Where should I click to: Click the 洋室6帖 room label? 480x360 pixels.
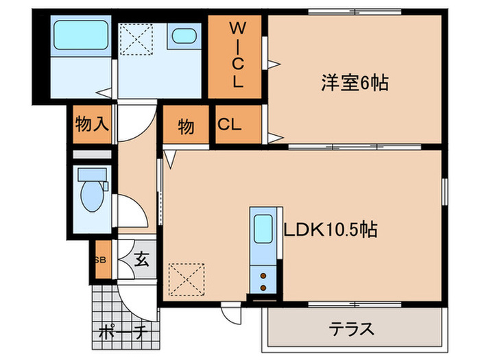[355, 84]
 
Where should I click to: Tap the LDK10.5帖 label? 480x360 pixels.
[330, 228]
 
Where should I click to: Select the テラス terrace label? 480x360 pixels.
[352, 330]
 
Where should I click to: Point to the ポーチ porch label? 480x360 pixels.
[123, 333]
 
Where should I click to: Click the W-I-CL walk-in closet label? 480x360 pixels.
[237, 56]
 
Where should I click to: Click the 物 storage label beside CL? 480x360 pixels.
[186, 126]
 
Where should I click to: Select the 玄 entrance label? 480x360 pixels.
[142, 260]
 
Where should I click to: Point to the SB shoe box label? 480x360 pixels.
[100, 260]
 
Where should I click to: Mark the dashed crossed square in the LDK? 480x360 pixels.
[184, 279]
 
